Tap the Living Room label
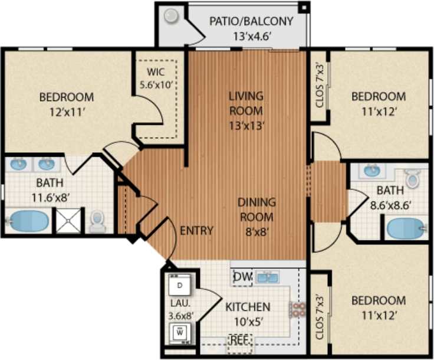click(x=246, y=103)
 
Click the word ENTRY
click(x=196, y=230)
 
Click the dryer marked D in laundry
click(x=180, y=286)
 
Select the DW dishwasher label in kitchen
click(x=242, y=276)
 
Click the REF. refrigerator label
click(x=239, y=341)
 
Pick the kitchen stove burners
click(x=297, y=310)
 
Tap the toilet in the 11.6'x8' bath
click(x=98, y=221)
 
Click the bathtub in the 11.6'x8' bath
click(x=28, y=221)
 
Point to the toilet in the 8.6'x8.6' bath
click(x=413, y=177)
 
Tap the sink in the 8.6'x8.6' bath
click(x=371, y=171)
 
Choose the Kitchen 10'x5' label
click(x=248, y=314)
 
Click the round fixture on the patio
click(x=172, y=16)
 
